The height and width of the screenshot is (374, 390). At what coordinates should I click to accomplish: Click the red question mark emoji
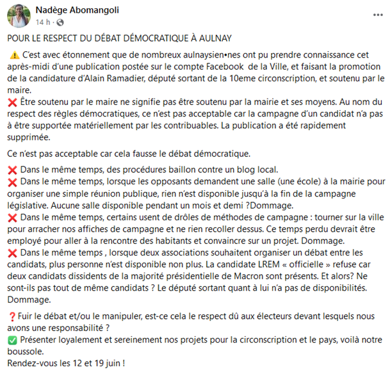(13, 315)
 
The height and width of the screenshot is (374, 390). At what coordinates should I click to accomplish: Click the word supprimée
(31, 138)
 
